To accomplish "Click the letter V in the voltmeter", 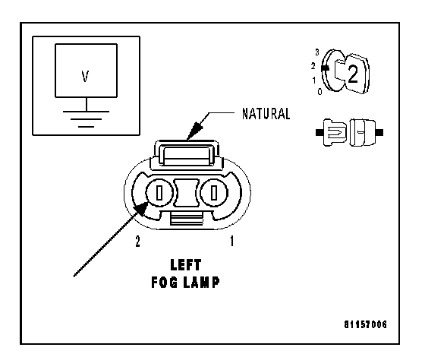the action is tap(85, 76).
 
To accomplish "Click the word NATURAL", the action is tap(266, 114).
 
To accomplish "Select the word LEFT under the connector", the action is tap(186, 265).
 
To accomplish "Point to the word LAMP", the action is tap(201, 283).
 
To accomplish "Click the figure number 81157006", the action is tap(365, 324).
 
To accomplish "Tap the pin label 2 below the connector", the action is tap(137, 242).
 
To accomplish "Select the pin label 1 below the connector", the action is tap(232, 241).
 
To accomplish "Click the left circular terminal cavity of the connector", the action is tap(159, 193).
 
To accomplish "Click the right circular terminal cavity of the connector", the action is tap(214, 193).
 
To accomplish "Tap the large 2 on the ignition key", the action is tap(353, 74).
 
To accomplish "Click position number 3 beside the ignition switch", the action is tap(317, 52).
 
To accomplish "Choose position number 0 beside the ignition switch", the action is tap(320, 92).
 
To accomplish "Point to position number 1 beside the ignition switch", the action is tap(314, 81).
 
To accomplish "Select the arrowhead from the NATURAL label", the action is tap(194, 131).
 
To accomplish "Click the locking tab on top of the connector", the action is tap(187, 153).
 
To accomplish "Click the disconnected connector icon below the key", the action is tap(350, 132).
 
